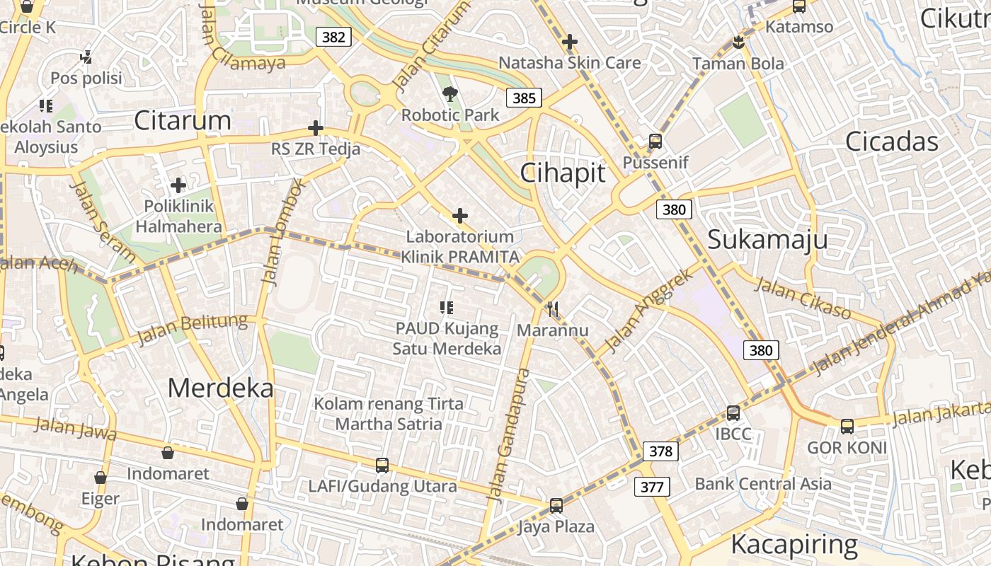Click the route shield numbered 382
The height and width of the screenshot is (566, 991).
pos(333,37)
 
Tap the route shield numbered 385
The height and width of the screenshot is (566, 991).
pos(524,98)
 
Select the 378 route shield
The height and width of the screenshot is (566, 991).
pos(660,451)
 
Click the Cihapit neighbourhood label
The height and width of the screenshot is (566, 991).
pos(563,173)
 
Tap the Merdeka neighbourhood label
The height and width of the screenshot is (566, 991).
pos(220,388)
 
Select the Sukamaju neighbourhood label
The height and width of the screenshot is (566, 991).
pos(767,239)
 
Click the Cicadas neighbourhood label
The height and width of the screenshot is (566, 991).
pos(892,141)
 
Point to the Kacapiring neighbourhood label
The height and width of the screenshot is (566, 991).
pos(794,545)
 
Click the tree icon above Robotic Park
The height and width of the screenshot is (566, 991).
pos(449,94)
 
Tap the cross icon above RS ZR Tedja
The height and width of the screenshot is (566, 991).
pos(316,128)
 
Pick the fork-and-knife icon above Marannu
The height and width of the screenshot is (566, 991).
pos(553,308)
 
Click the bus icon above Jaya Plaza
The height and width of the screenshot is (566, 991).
pos(556,506)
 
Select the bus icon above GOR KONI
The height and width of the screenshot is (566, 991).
pos(847,427)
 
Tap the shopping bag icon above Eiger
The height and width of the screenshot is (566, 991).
pos(101,478)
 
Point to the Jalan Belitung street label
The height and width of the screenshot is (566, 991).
pos(193,330)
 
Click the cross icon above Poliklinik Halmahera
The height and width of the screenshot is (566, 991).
pos(178,185)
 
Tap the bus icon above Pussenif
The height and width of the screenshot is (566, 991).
pos(655,141)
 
